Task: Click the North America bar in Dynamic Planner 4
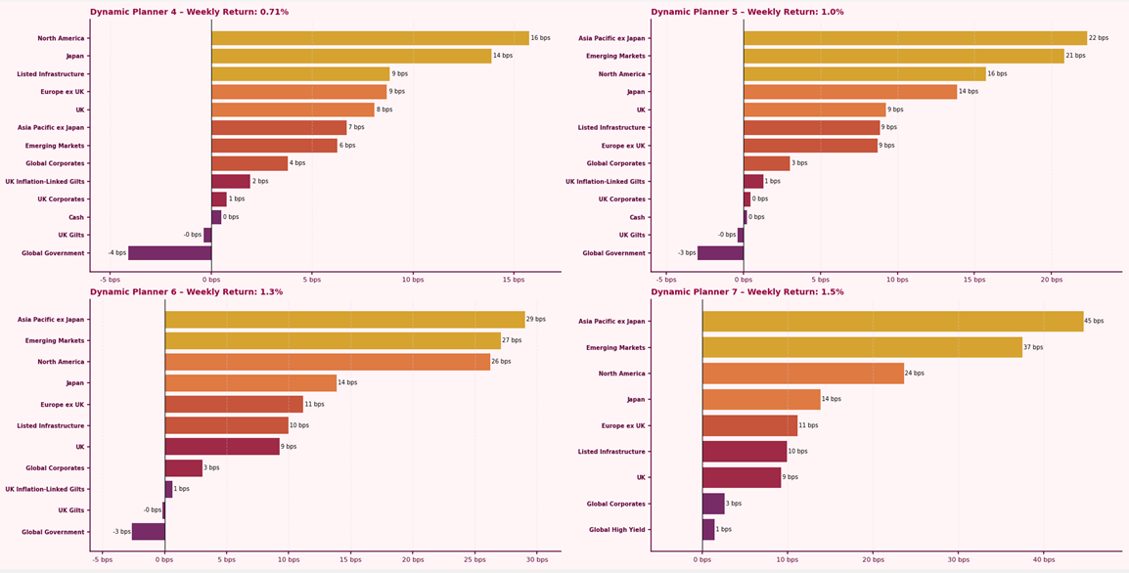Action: (370, 38)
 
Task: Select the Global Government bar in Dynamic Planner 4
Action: (169, 253)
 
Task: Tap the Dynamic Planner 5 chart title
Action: (746, 12)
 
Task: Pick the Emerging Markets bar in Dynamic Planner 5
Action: (903, 56)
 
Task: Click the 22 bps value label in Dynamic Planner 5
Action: (1099, 38)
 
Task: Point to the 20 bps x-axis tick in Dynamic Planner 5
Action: (1051, 279)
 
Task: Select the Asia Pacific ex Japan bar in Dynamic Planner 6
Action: (344, 320)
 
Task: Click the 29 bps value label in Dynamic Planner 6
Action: (536, 320)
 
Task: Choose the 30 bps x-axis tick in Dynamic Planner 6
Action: (536, 559)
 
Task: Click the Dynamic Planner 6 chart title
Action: (186, 291)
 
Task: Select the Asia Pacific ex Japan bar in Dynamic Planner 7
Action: (892, 321)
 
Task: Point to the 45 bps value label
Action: (1094, 321)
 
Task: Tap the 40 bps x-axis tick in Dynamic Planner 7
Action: (1044, 559)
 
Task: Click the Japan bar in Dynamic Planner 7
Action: (761, 399)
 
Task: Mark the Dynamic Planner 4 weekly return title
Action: (189, 12)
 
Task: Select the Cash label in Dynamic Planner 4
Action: (75, 217)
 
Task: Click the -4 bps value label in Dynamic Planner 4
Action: (117, 253)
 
